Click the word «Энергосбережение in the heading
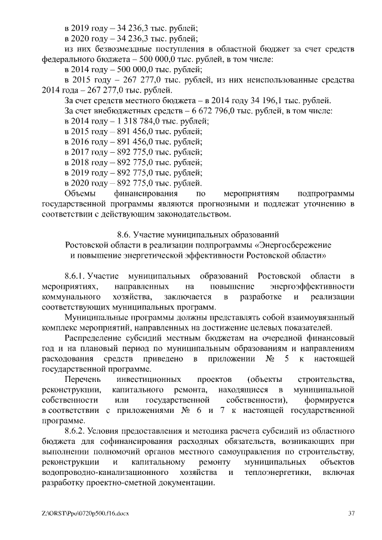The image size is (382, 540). click(x=292, y=245)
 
